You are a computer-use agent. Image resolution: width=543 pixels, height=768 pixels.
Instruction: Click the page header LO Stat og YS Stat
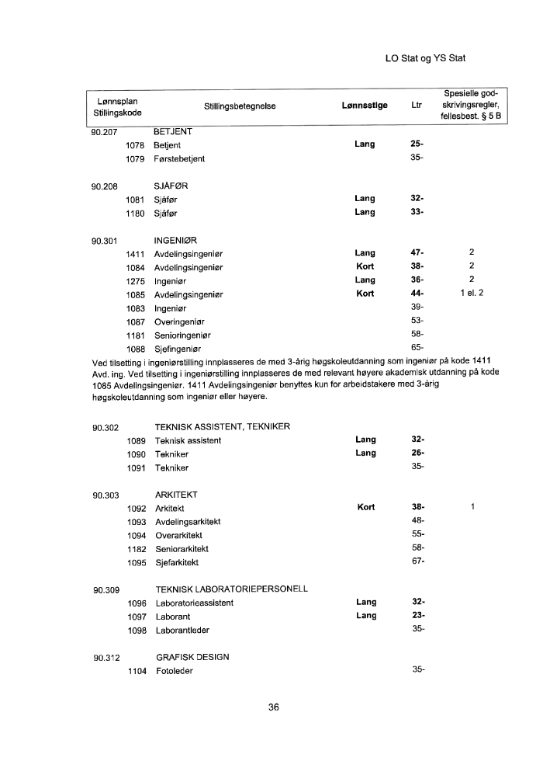[430, 58]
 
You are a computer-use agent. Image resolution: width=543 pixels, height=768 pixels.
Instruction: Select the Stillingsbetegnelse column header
[240, 106]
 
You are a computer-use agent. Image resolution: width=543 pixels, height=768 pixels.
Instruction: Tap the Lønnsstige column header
[365, 106]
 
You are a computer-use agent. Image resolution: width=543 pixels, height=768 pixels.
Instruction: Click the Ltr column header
[417, 106]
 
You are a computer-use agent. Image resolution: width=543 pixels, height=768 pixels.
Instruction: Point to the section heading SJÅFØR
[171, 186]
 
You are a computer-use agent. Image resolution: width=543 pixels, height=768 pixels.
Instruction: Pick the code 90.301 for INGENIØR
[105, 240]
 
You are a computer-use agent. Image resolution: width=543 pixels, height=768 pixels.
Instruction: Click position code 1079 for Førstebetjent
[137, 158]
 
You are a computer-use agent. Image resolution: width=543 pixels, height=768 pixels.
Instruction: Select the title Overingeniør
[180, 320]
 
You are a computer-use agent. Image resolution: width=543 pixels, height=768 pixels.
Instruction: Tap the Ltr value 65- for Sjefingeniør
[417, 347]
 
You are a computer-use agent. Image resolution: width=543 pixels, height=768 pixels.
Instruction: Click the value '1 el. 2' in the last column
[472, 294]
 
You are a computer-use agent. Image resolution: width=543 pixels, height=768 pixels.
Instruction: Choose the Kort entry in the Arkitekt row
[365, 507]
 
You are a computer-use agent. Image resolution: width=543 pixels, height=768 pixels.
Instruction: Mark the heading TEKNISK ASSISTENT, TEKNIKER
[223, 427]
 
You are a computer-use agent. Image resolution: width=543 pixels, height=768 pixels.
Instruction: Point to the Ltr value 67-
[417, 561]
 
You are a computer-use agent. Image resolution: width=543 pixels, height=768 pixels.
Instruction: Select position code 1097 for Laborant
[137, 616]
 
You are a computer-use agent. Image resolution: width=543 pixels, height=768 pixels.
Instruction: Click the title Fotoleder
[174, 671]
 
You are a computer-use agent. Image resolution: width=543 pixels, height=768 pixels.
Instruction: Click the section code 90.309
[105, 589]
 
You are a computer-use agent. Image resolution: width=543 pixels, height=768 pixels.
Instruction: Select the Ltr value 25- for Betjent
[417, 144]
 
